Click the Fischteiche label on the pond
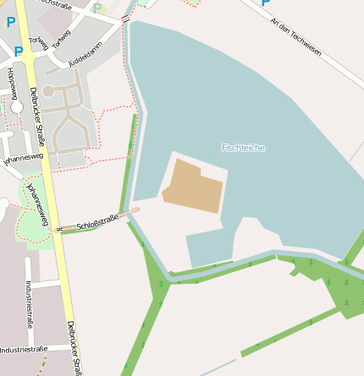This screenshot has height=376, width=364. click(243, 148)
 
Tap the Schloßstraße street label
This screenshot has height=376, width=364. click(97, 223)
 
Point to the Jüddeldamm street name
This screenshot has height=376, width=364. click(85, 46)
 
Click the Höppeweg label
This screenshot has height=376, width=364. click(11, 82)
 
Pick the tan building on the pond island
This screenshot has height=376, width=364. click(193, 186)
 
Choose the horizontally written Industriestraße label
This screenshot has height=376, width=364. click(23, 349)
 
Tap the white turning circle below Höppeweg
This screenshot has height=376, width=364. click(16, 106)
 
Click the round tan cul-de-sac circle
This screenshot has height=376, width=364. click(48, 90)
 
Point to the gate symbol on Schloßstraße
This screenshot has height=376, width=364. click(59, 229)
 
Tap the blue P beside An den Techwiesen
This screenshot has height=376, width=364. click(265, 3)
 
